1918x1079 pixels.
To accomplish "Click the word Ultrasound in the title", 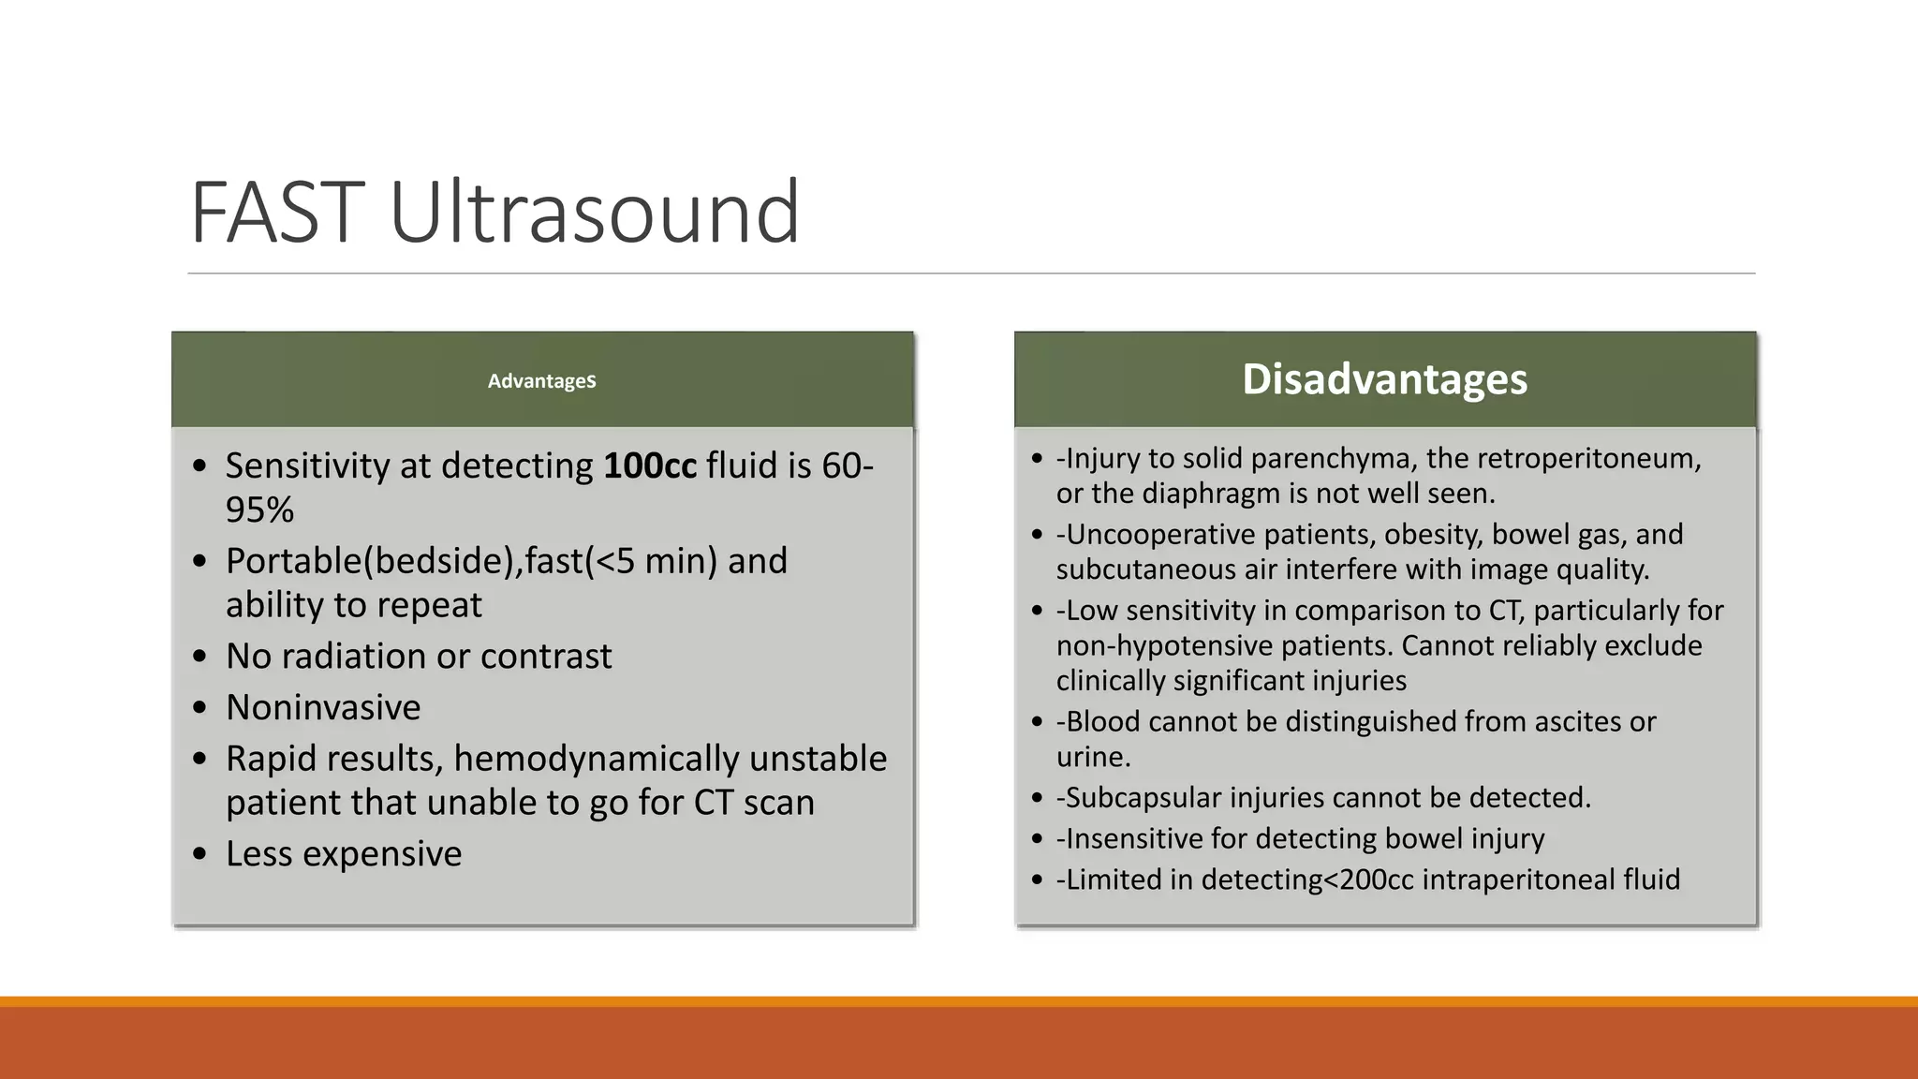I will [594, 214].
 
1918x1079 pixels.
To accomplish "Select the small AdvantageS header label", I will [541, 381].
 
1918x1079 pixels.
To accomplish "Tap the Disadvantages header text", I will [1384, 379].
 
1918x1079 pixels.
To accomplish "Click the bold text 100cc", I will [650, 466].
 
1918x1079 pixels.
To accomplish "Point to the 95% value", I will [259, 510].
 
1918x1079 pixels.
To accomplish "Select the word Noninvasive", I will [323, 707].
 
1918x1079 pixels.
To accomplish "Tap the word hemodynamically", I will [598, 759].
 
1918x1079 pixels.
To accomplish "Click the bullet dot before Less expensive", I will [199, 854].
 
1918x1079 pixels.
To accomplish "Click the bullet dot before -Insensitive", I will [1037, 839].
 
